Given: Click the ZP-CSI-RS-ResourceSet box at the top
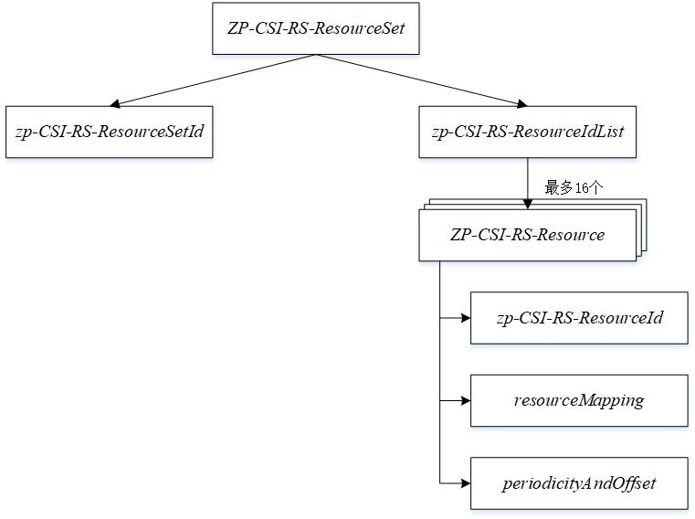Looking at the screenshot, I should pyautogui.click(x=316, y=27).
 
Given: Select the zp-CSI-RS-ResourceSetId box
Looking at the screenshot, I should pyautogui.click(x=110, y=132).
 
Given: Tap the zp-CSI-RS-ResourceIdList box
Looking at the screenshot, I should pyautogui.click(x=527, y=132).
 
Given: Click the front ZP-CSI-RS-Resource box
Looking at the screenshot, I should pyautogui.click(x=527, y=235).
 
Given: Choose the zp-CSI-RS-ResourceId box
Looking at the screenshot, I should pyautogui.click(x=579, y=318).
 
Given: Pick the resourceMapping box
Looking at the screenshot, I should pyautogui.click(x=579, y=400).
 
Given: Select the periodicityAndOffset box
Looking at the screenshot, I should pyautogui.click(x=579, y=483).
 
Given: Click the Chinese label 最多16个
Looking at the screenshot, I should pyautogui.click(x=574, y=187).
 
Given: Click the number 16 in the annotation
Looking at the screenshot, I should pyautogui.click(x=582, y=187).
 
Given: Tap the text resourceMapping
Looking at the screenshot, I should pyautogui.click(x=579, y=400).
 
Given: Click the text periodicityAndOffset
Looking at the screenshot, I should pyautogui.click(x=579, y=483).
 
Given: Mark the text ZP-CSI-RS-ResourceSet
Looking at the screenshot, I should pyautogui.click(x=316, y=27).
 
